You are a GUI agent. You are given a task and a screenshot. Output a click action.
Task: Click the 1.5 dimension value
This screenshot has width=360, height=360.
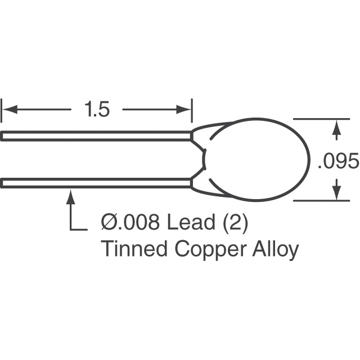click(97, 109)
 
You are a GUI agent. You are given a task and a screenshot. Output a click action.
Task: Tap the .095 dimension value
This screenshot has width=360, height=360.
click(338, 162)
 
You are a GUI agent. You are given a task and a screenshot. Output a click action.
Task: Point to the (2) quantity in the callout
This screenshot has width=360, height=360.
click(236, 223)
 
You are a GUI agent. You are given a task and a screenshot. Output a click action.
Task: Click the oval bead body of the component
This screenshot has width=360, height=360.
click(256, 159)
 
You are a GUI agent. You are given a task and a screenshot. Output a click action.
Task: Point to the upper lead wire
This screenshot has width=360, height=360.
click(96, 136)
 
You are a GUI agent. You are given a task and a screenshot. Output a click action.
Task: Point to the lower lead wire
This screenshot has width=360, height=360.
click(96, 183)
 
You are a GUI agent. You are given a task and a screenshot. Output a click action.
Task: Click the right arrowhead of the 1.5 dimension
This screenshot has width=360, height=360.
click(185, 109)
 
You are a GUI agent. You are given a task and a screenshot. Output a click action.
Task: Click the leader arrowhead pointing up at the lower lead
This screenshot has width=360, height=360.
click(70, 197)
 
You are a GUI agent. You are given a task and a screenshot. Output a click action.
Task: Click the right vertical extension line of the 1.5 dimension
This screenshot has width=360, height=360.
click(192, 110)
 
